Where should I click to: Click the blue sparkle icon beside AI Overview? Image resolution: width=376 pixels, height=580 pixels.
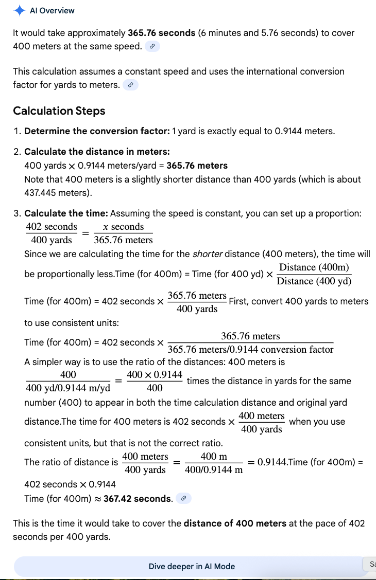point(20,10)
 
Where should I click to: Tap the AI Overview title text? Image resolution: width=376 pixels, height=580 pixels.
point(52,11)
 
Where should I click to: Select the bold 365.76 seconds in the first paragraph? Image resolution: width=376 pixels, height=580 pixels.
point(162,33)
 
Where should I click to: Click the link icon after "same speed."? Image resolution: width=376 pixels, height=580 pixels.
point(152,46)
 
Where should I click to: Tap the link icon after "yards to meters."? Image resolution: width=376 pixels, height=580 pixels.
point(131,85)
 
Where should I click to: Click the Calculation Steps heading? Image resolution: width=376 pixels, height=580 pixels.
point(59,111)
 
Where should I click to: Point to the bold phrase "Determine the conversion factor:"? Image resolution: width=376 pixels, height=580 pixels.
point(97,131)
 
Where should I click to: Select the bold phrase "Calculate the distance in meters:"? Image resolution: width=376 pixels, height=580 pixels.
point(97,152)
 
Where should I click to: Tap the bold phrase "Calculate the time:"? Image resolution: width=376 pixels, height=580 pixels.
point(66,213)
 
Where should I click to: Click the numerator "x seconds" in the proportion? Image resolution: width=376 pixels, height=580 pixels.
point(124,227)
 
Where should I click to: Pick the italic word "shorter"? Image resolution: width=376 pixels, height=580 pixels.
point(207,254)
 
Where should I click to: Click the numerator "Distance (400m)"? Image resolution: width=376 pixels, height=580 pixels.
point(314,267)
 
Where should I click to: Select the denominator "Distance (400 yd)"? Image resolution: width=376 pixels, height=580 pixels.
point(314,281)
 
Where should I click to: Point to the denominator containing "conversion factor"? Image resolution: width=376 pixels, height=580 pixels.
point(251,350)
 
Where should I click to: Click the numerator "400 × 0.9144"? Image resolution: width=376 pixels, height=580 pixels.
point(155,375)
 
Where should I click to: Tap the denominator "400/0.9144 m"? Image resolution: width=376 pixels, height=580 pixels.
point(214,470)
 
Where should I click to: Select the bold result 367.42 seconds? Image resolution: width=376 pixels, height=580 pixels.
point(138,499)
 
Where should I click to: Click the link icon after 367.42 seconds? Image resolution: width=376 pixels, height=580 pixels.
point(183,499)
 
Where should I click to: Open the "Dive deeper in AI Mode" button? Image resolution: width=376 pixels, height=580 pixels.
point(192,566)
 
